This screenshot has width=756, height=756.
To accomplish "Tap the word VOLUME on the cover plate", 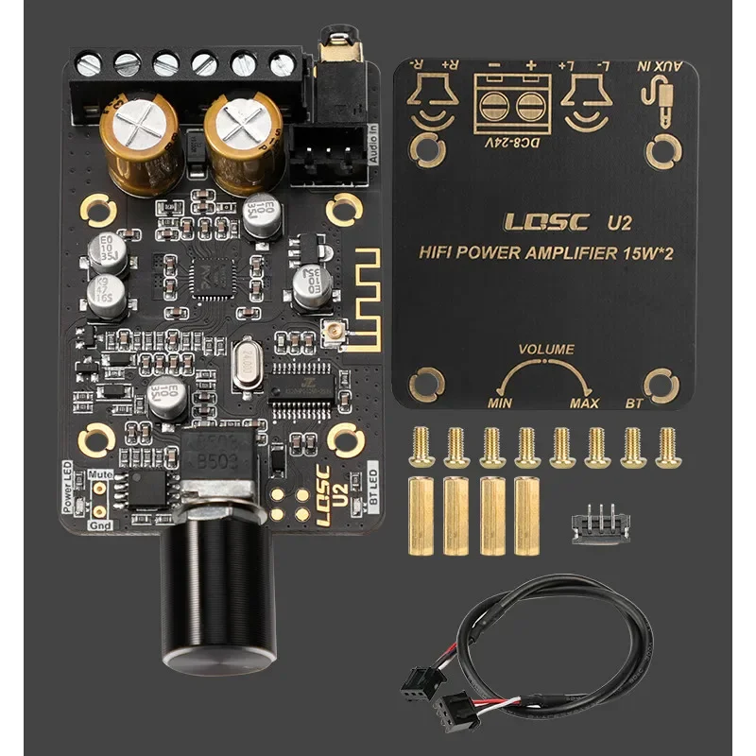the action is (545, 350).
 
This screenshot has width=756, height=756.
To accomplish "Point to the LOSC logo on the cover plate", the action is (547, 223).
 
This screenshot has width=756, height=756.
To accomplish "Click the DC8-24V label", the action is (505, 145).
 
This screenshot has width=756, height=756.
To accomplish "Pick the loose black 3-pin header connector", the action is (592, 522).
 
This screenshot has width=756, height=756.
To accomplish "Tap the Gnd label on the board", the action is (99, 525).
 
